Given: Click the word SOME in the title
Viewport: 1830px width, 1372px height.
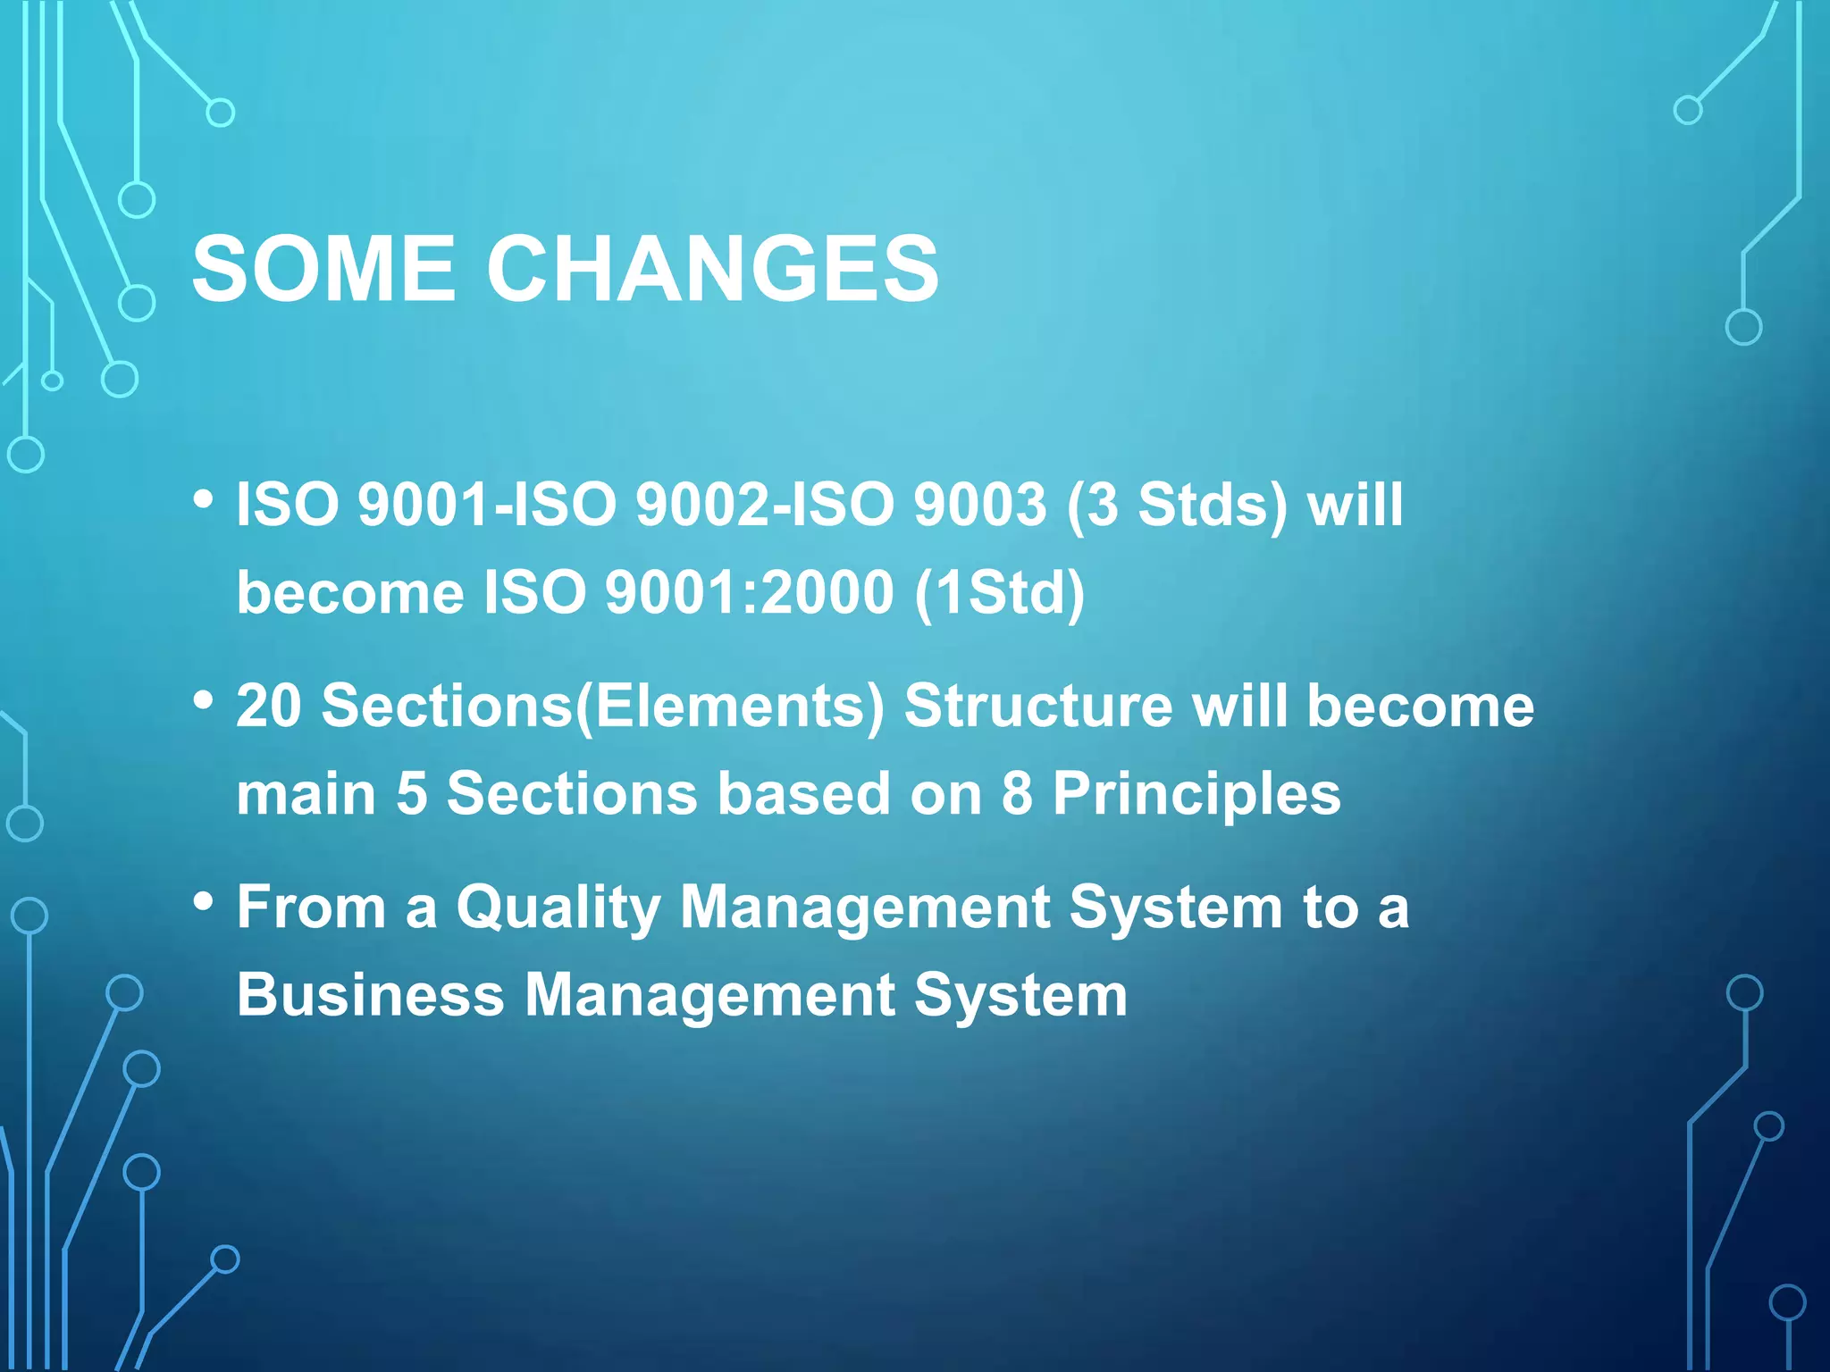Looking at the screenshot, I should [323, 269].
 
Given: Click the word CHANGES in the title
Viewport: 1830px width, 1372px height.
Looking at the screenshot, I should [712, 269].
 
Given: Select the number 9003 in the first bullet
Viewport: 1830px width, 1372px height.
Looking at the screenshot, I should [979, 505].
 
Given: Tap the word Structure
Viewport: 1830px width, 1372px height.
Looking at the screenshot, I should [1038, 707].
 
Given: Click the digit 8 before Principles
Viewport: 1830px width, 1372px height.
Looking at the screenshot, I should [1017, 794].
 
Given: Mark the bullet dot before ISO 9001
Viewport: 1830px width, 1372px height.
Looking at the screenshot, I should [204, 499].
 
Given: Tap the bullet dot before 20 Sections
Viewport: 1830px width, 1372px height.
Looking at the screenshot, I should [204, 701].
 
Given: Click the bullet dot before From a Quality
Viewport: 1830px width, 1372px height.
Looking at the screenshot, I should [204, 902].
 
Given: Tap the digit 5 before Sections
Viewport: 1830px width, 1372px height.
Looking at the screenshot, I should [412, 794].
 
